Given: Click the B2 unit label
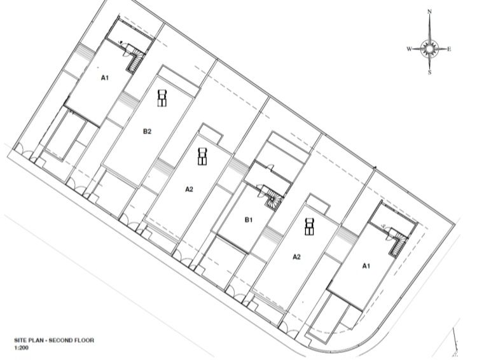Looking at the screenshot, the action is (x=147, y=132).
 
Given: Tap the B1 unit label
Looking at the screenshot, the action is (x=248, y=220).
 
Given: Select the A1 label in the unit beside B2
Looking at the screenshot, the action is (x=104, y=78).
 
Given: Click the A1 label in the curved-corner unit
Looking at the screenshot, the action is (x=366, y=266).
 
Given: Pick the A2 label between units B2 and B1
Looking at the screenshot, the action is (x=190, y=189).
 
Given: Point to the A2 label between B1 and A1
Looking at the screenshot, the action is (x=296, y=257).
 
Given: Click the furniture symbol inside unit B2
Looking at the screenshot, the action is (x=162, y=98).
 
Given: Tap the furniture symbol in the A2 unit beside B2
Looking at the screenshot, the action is (x=202, y=156).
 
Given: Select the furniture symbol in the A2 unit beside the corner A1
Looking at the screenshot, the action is (x=309, y=226).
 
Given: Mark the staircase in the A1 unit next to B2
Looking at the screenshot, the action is (x=135, y=60).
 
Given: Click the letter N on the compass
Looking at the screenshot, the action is (x=430, y=12).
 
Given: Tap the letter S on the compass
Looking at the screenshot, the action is (x=430, y=73).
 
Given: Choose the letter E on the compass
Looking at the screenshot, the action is (x=449, y=49).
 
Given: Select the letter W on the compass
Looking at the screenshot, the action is (x=409, y=49).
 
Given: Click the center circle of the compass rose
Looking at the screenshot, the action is (x=430, y=48).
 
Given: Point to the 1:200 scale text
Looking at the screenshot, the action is (x=21, y=348).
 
